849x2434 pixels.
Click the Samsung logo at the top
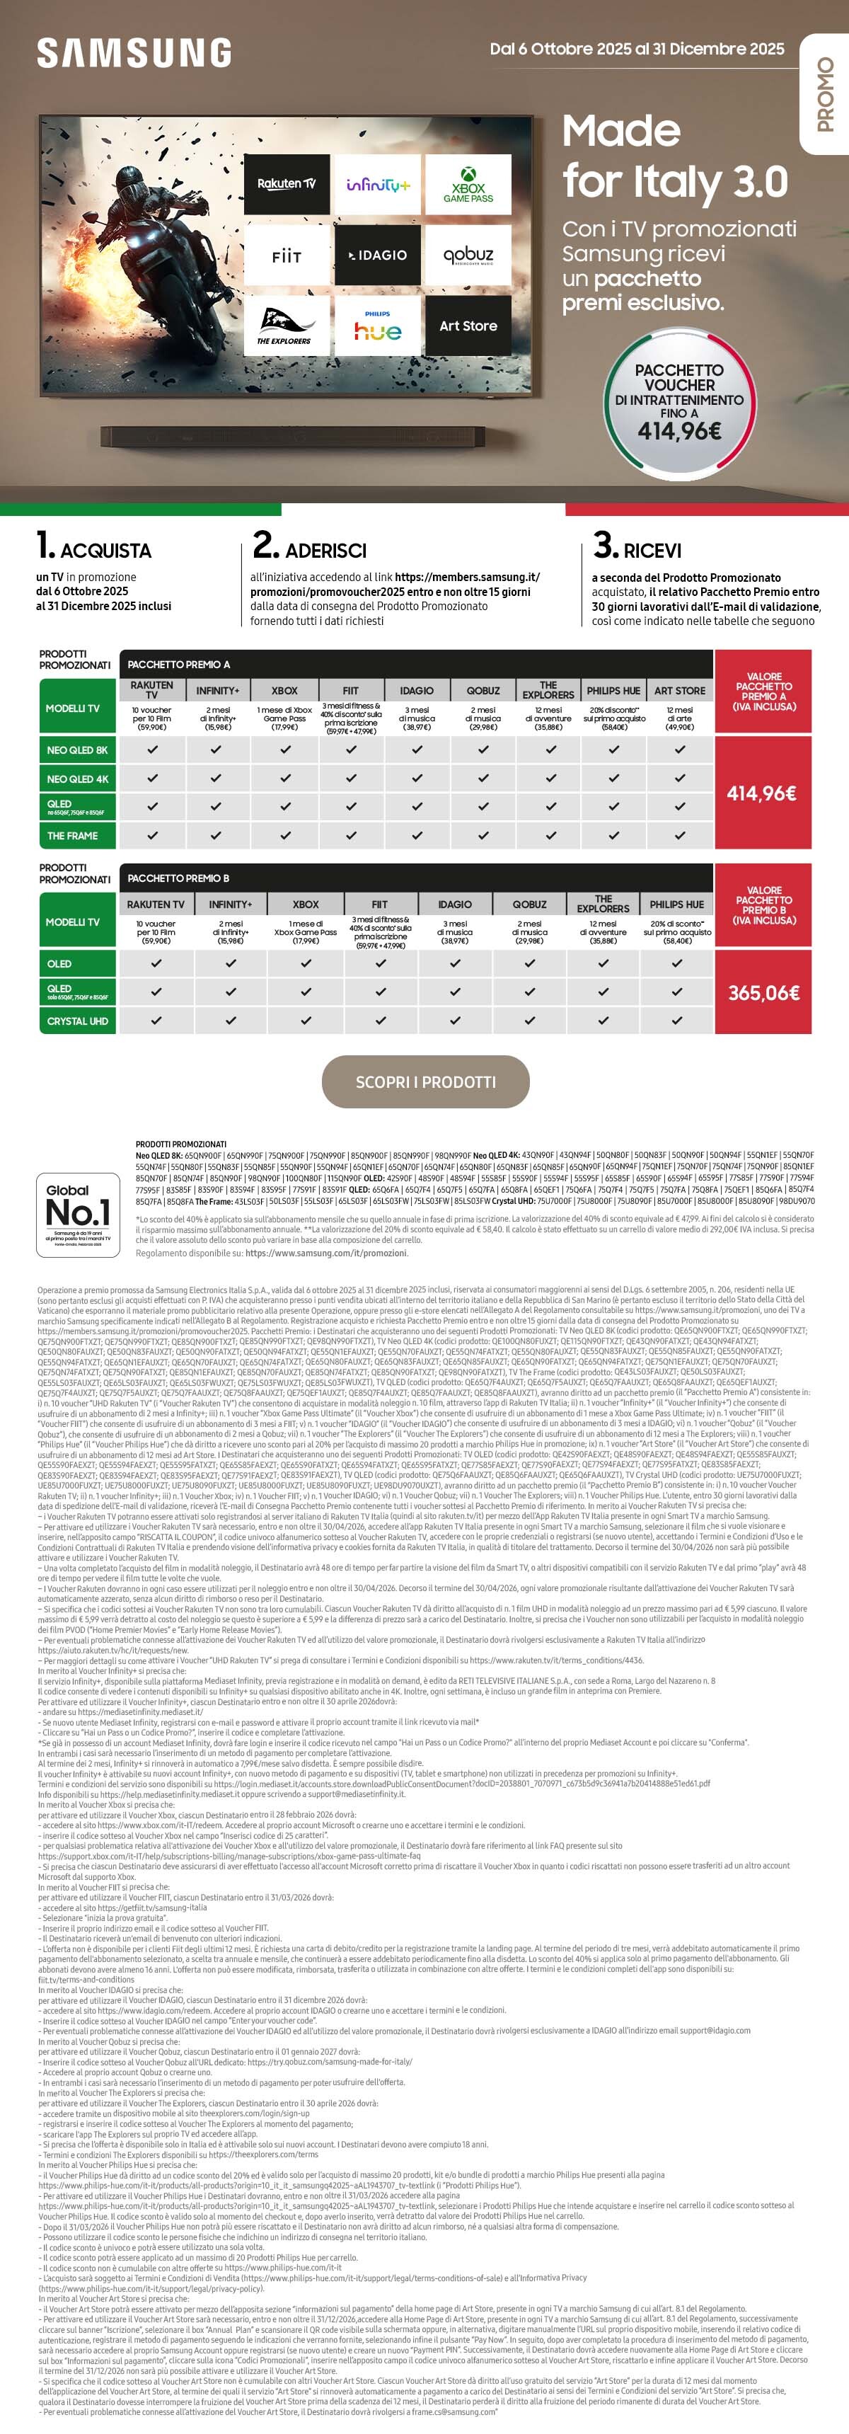(x=134, y=53)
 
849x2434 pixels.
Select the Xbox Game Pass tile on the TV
(x=468, y=184)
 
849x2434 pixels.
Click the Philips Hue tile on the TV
(x=378, y=326)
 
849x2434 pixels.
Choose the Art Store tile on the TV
(x=468, y=326)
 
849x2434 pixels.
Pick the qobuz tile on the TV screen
(x=468, y=255)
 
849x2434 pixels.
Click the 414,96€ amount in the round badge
(x=679, y=432)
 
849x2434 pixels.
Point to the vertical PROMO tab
(x=824, y=95)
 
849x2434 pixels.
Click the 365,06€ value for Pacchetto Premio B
(x=763, y=993)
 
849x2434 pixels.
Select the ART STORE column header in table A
(x=680, y=691)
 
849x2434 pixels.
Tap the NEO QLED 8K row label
(x=77, y=750)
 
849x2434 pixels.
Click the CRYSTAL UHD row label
(x=77, y=1021)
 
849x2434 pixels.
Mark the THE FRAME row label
(x=73, y=836)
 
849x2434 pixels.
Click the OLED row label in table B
(x=59, y=964)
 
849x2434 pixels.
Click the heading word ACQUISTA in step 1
(x=105, y=551)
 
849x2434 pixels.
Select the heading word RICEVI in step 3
(x=652, y=551)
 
